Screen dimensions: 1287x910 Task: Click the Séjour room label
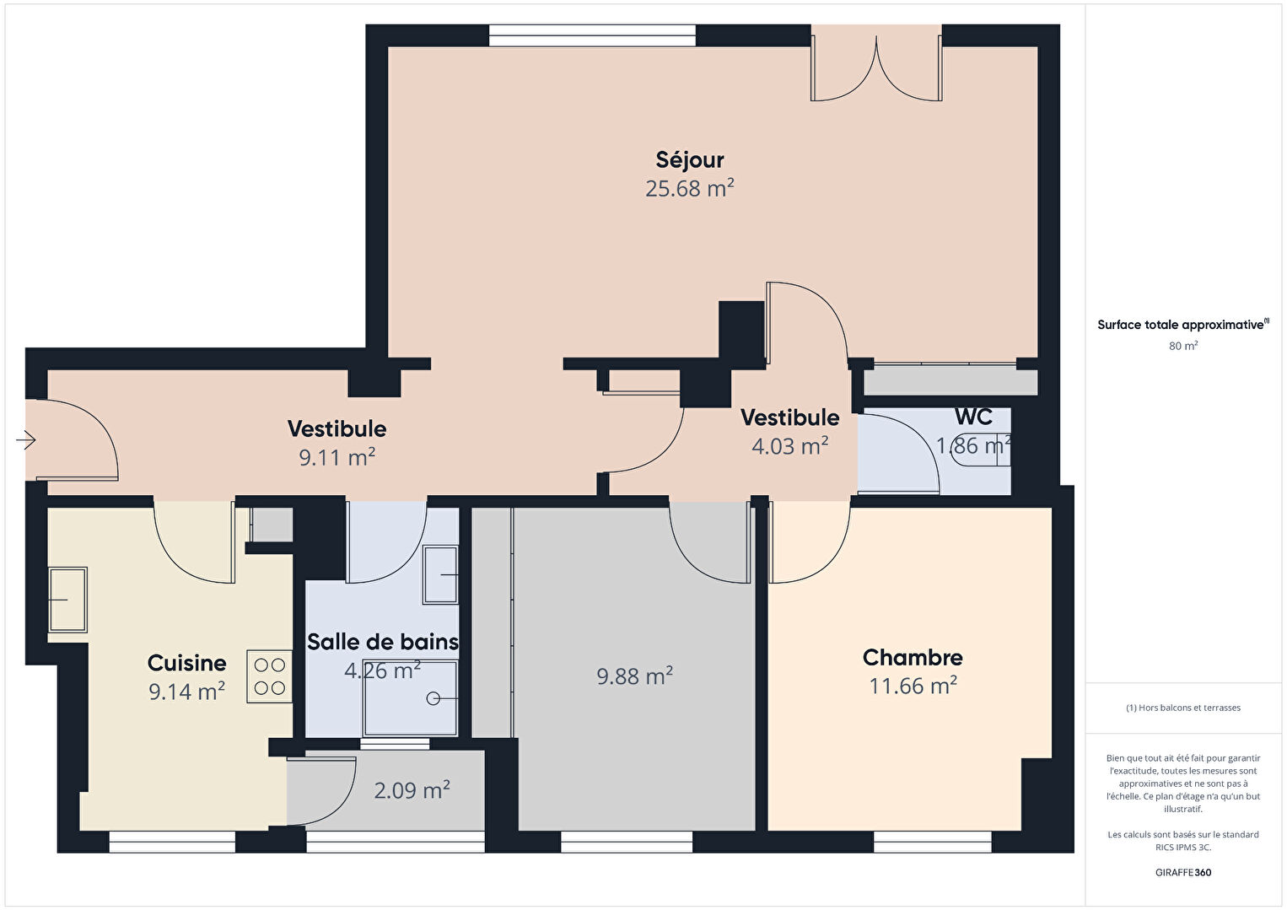point(690,160)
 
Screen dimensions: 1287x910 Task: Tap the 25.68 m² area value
point(690,188)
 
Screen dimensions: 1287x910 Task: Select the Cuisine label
point(186,663)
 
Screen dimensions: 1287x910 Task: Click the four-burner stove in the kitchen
point(270,676)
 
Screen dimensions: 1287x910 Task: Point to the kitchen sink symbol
point(67,600)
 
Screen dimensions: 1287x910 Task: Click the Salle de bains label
point(383,642)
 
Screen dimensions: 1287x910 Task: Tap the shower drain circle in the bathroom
point(433,698)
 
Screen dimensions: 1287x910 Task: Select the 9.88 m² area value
point(635,676)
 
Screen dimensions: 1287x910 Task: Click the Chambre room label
point(913,658)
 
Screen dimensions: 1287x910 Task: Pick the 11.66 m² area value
point(913,686)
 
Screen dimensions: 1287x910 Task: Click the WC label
point(973,417)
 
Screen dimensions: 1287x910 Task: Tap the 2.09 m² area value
point(412,790)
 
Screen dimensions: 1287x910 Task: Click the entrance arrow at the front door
point(26,440)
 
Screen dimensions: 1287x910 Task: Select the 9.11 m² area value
point(337,457)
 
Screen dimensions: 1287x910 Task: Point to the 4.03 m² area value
point(790,446)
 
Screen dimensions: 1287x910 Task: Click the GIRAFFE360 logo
point(1183,872)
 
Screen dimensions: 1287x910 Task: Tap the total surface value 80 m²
point(1183,346)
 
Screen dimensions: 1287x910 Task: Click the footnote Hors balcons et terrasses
point(1183,708)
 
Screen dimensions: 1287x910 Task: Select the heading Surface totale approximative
point(1183,325)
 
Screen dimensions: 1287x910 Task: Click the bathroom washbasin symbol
point(441,574)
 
